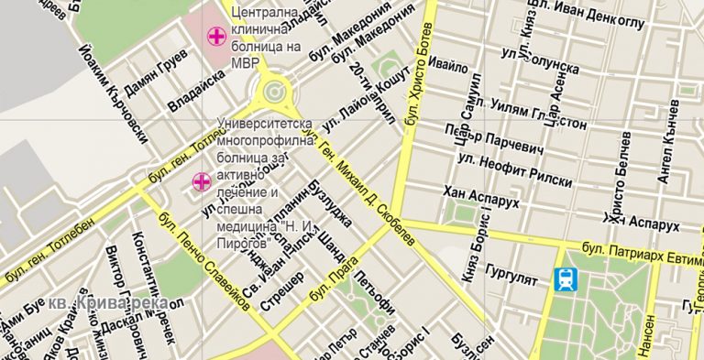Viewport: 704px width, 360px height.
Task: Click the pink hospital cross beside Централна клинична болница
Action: (x=216, y=38)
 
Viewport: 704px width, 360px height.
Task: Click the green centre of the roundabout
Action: (x=273, y=91)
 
